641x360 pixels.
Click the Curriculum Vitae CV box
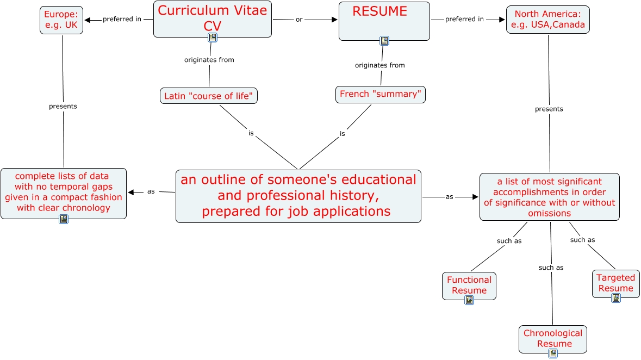(213, 17)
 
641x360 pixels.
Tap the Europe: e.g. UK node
(61, 20)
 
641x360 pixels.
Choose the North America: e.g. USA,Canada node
(547, 20)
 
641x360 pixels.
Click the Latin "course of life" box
(209, 96)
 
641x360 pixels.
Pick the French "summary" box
(381, 95)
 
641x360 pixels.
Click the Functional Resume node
(469, 284)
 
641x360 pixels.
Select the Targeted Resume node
(615, 282)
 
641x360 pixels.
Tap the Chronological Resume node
(552, 337)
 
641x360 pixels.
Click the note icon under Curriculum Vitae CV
(213, 38)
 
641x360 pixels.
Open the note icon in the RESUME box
(384, 41)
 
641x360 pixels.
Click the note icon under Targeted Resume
(616, 298)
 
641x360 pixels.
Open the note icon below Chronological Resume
(553, 353)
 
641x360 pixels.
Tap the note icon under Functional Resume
(469, 300)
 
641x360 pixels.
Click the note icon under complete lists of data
(64, 219)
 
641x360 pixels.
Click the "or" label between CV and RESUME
(299, 20)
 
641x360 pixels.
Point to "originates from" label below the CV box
(209, 60)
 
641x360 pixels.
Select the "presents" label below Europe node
(63, 106)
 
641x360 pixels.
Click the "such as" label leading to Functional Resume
(509, 241)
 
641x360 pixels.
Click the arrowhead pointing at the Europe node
(88, 20)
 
